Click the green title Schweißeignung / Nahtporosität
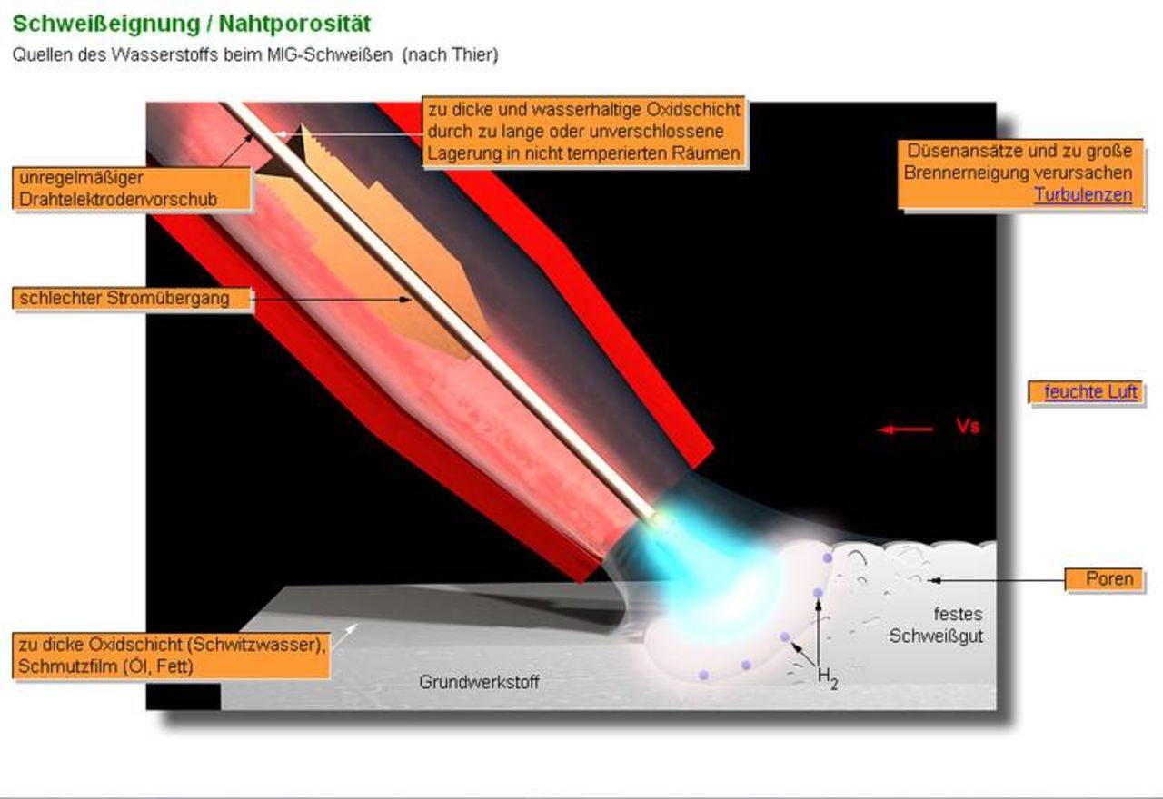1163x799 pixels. [192, 24]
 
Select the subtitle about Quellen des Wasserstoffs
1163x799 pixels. [255, 54]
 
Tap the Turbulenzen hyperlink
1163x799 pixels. [1083, 194]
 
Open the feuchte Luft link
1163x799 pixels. [1090, 391]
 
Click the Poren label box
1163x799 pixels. [1104, 579]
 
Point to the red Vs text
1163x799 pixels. [968, 427]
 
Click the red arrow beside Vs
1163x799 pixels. [904, 429]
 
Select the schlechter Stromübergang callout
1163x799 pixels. [132, 299]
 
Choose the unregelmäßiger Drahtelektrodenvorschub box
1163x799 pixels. [132, 188]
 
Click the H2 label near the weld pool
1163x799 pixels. [827, 677]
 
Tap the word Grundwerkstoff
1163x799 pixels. [479, 682]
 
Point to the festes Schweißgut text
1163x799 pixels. [936, 626]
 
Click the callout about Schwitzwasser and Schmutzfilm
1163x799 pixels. [172, 656]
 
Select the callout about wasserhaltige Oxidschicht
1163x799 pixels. [584, 132]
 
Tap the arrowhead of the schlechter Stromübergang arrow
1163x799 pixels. [405, 300]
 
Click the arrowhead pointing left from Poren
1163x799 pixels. [933, 580]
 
